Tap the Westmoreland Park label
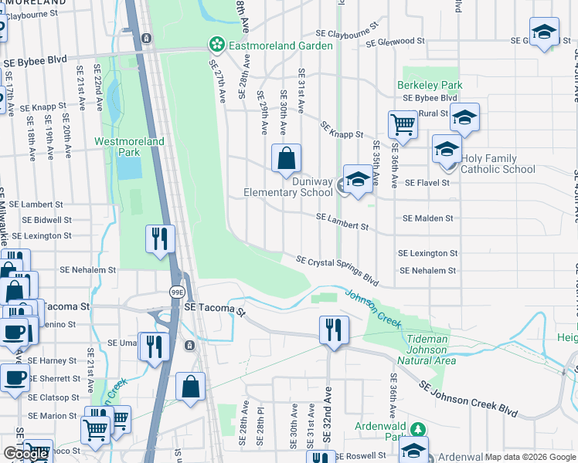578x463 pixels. (118, 147)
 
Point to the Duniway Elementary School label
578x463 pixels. (288, 186)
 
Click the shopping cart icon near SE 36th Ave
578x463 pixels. (403, 123)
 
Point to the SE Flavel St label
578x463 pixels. (427, 183)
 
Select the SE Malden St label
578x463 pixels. (427, 218)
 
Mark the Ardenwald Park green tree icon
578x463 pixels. (417, 429)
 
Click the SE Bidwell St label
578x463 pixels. (46, 220)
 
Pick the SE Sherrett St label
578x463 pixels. (55, 378)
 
